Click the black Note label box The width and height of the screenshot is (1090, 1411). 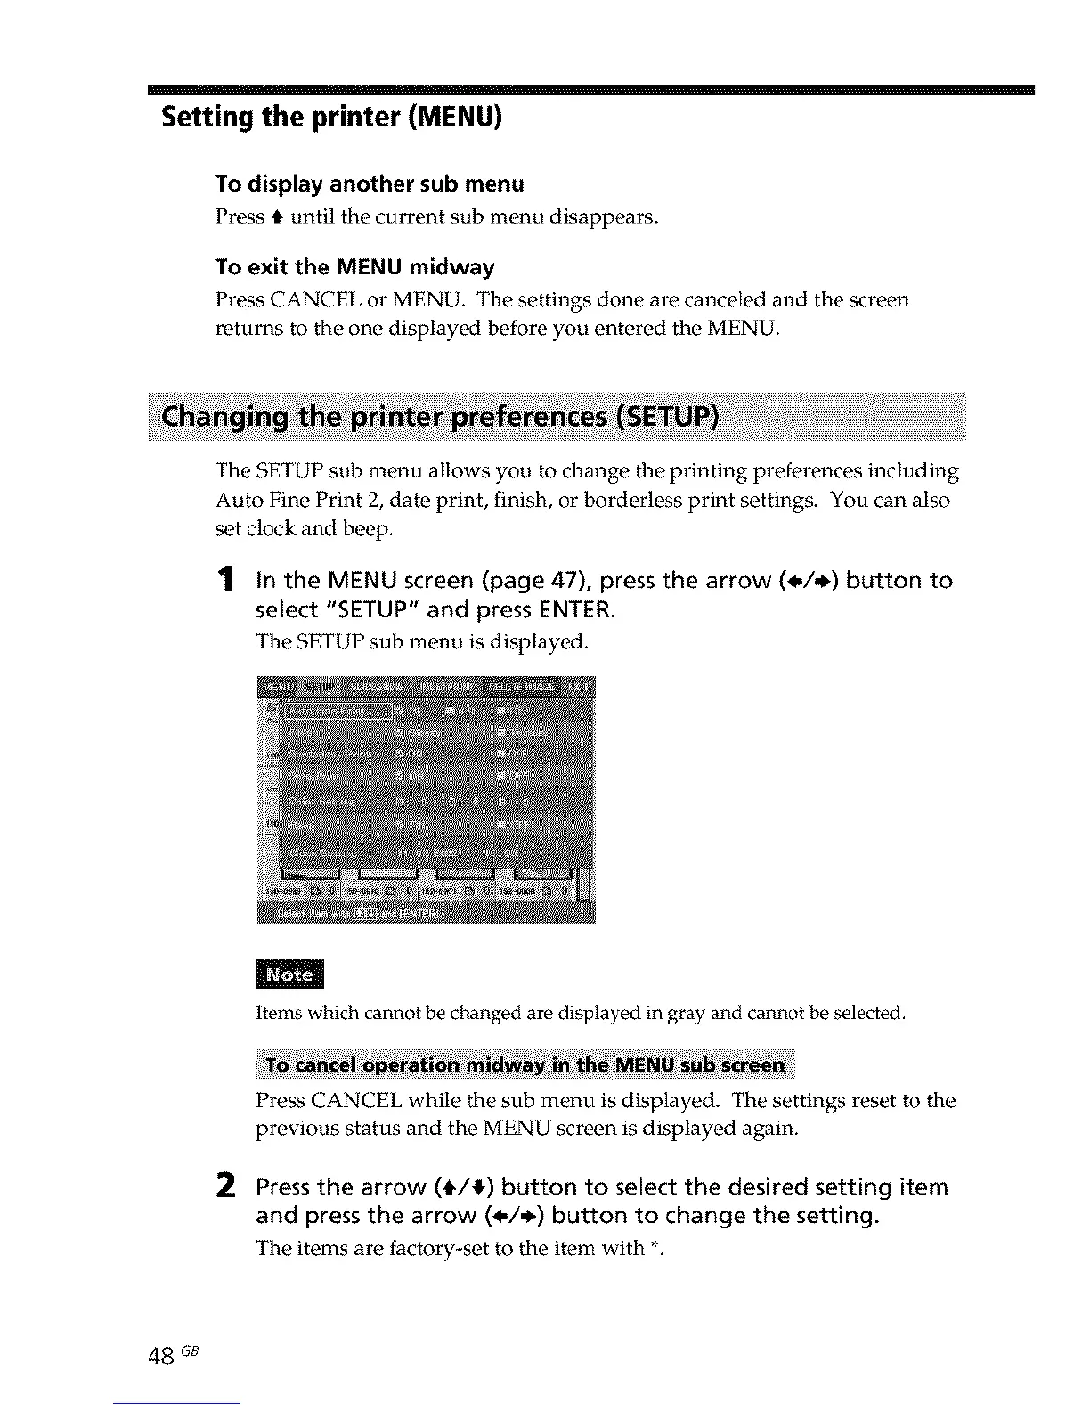290,975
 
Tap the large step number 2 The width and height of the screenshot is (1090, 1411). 226,1187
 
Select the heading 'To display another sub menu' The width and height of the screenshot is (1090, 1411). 370,184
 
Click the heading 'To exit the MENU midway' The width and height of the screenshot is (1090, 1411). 354,267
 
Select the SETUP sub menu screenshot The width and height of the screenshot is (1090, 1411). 426,799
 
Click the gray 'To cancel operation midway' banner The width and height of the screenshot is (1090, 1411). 525,1064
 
